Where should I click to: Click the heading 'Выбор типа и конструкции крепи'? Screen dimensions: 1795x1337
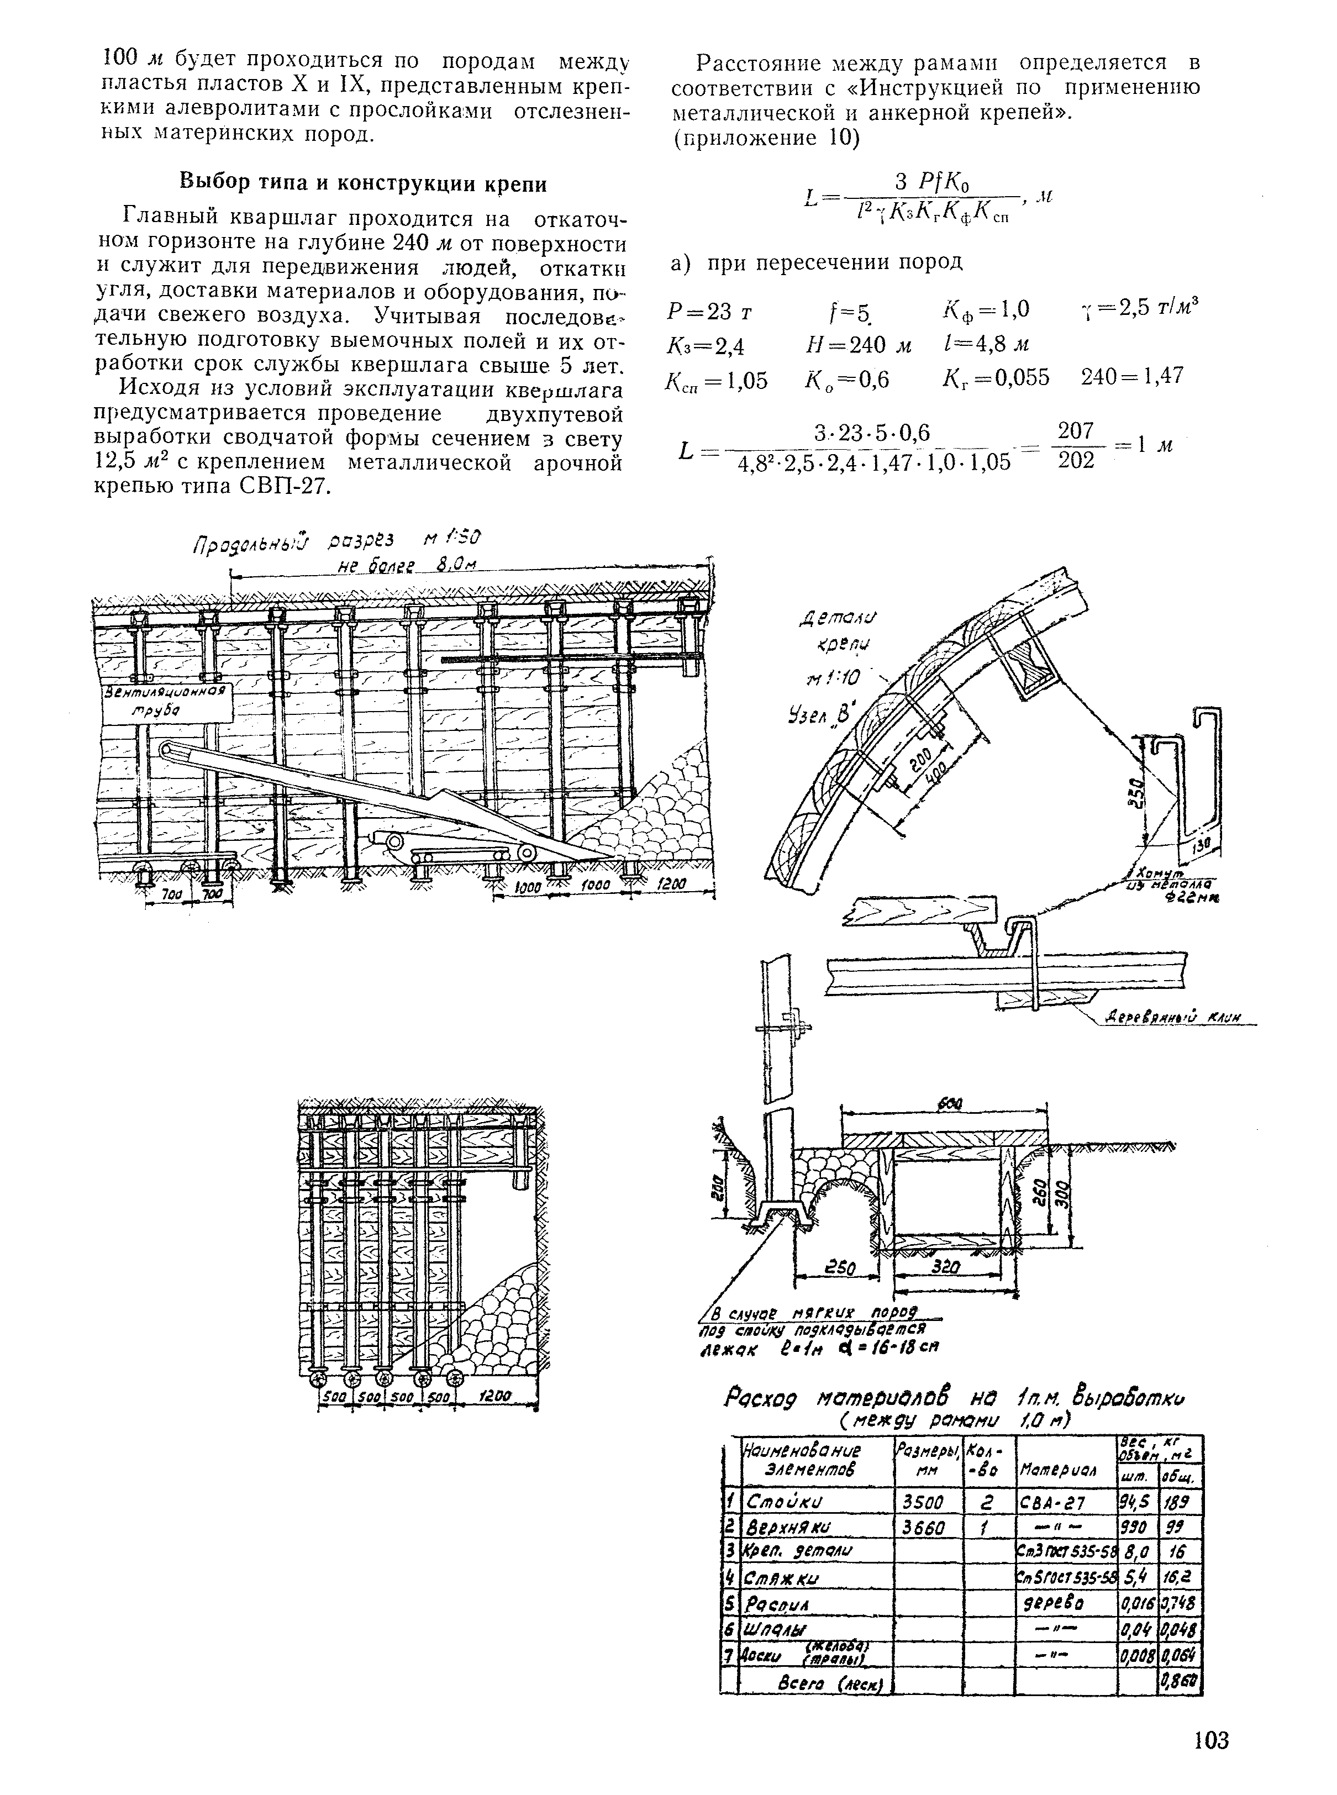pos(362,184)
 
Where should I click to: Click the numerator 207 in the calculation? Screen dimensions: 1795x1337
pos(1076,432)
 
